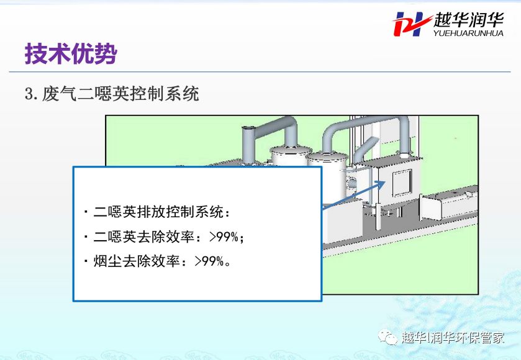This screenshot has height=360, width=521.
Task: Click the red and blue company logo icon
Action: [x=412, y=24]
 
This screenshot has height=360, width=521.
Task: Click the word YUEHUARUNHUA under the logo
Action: [x=468, y=33]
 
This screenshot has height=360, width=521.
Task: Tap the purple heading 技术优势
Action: [x=71, y=53]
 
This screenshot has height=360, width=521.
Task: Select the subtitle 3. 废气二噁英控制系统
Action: [x=112, y=94]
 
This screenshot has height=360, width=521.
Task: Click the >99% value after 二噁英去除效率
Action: [x=224, y=237]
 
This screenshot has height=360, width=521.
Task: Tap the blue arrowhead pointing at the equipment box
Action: [x=381, y=184]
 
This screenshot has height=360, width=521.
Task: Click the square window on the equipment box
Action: [x=402, y=182]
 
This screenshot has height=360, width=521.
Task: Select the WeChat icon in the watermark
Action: [x=387, y=338]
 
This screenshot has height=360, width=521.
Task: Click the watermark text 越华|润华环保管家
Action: [x=453, y=338]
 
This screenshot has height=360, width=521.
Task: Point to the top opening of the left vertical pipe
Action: [x=248, y=128]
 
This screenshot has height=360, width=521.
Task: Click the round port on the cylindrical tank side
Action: [x=351, y=182]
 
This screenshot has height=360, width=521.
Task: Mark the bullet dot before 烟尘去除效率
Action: [x=86, y=261]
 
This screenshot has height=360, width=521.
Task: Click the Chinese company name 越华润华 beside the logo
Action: [x=468, y=20]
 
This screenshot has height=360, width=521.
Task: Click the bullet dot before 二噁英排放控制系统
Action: [x=86, y=212]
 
